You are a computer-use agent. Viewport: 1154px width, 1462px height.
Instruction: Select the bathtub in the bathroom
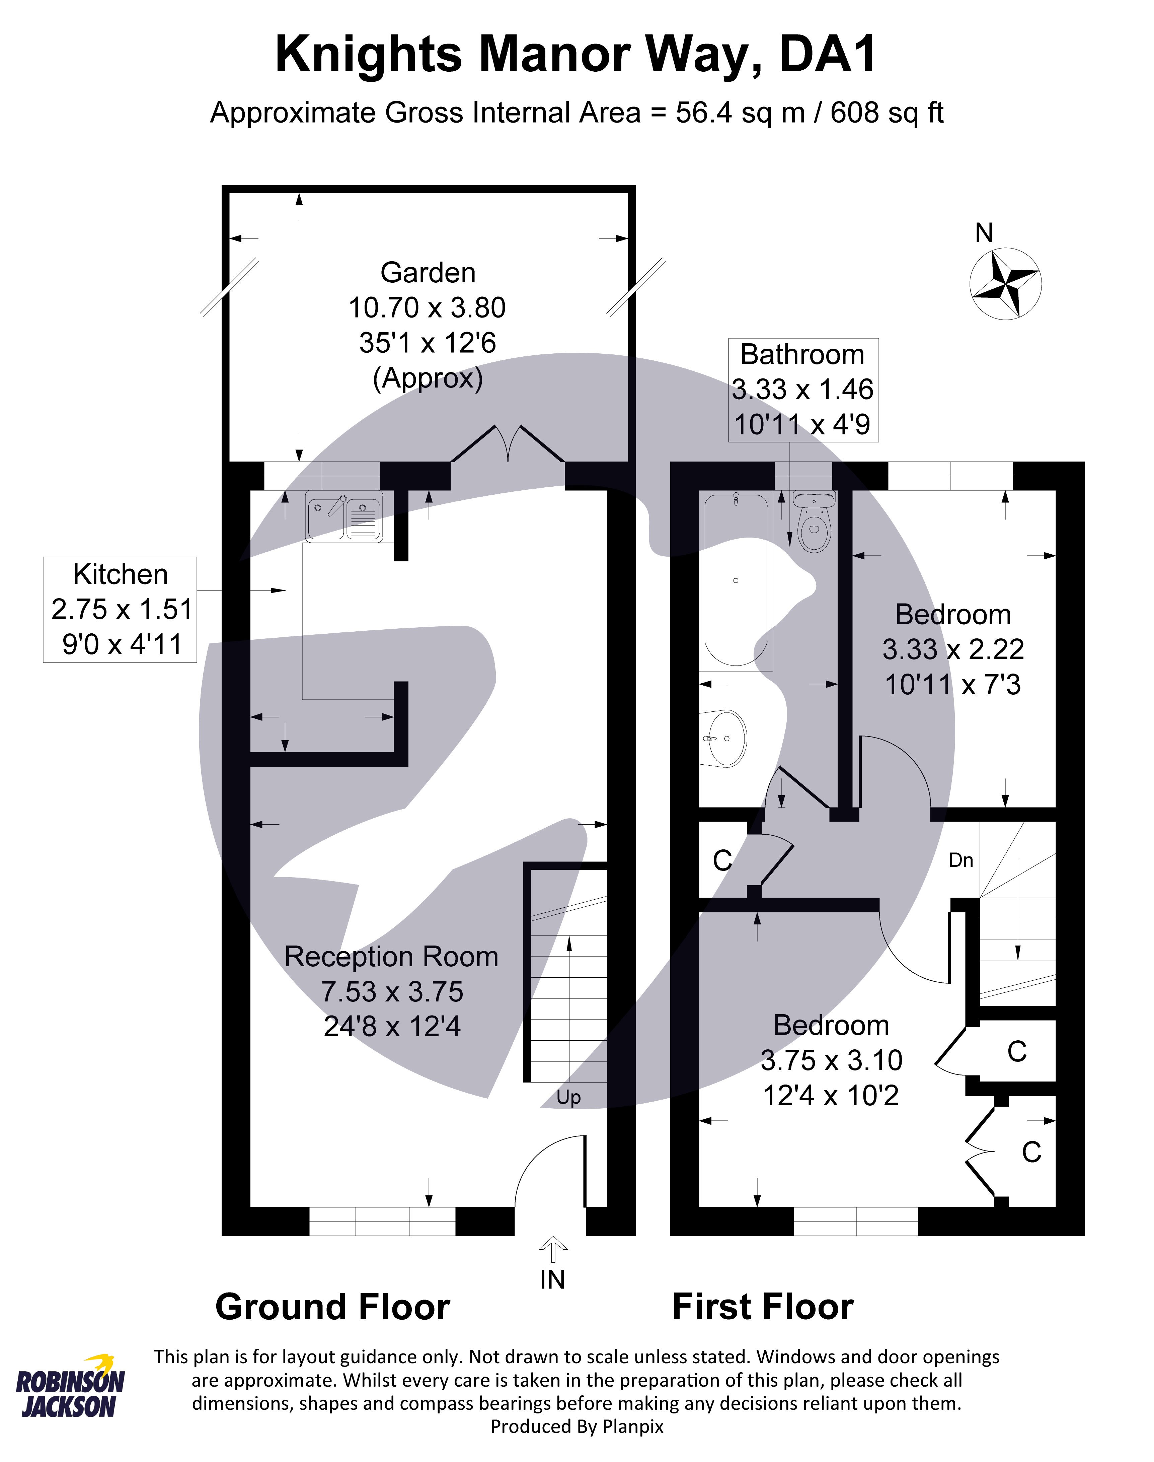coord(735,581)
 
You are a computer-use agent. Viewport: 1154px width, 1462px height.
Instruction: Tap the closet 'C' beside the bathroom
coord(722,860)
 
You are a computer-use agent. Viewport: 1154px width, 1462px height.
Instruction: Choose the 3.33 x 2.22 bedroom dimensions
coord(953,649)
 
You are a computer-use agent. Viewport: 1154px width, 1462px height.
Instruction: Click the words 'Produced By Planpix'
coord(577,1426)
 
